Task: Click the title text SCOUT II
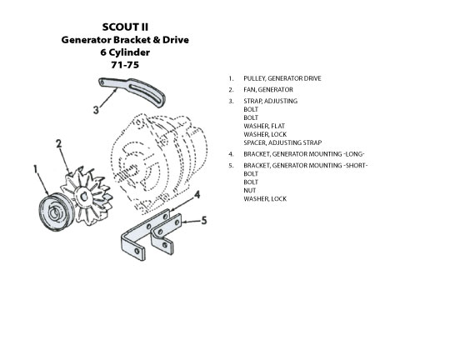125,27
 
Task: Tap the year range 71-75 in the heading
125,65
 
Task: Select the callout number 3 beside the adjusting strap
96,110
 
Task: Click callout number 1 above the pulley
36,169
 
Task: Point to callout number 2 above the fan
59,143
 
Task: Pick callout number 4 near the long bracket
197,195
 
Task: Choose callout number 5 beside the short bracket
204,221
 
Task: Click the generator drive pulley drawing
56,212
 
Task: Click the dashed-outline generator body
157,163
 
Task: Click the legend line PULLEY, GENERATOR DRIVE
282,78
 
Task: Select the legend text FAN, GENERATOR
268,89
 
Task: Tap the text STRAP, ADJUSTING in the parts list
270,101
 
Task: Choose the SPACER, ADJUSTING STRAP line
282,142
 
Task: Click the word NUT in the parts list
250,190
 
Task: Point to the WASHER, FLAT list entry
264,126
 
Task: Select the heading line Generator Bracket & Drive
125,40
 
